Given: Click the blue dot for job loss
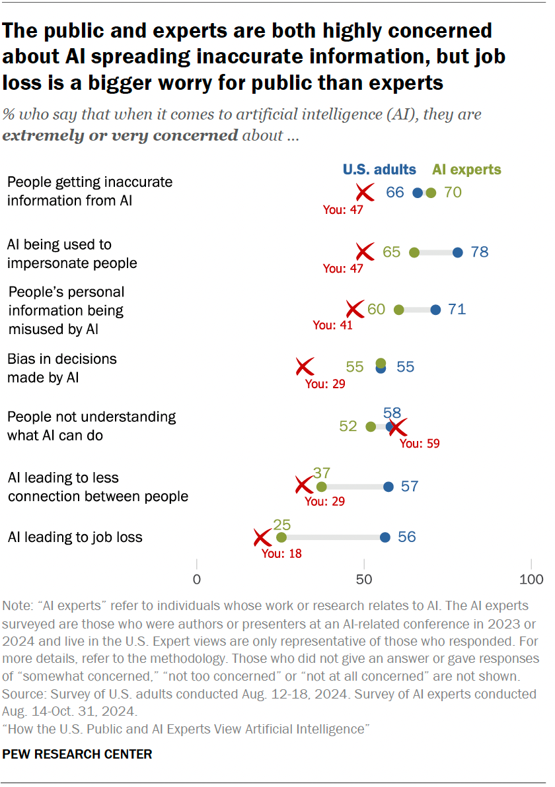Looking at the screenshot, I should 385,537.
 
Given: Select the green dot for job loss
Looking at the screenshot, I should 281,537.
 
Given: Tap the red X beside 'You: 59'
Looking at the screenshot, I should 397,427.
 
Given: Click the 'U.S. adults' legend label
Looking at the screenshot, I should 379,170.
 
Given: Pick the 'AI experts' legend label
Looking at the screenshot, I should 466,170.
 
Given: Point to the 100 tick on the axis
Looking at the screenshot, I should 531,580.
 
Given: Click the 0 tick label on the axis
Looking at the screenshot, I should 197,580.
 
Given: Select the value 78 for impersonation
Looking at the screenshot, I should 480,252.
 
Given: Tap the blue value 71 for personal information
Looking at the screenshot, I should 457,310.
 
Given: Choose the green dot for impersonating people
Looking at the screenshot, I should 414,252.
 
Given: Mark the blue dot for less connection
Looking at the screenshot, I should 388,487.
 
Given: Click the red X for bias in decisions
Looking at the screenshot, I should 304,366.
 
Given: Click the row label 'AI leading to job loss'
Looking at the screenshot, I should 75,537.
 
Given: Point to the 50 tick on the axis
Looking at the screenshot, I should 364,580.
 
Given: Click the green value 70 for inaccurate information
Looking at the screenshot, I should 453,193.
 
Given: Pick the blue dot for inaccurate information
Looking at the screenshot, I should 417,193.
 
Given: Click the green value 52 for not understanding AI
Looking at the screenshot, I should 348,427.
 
